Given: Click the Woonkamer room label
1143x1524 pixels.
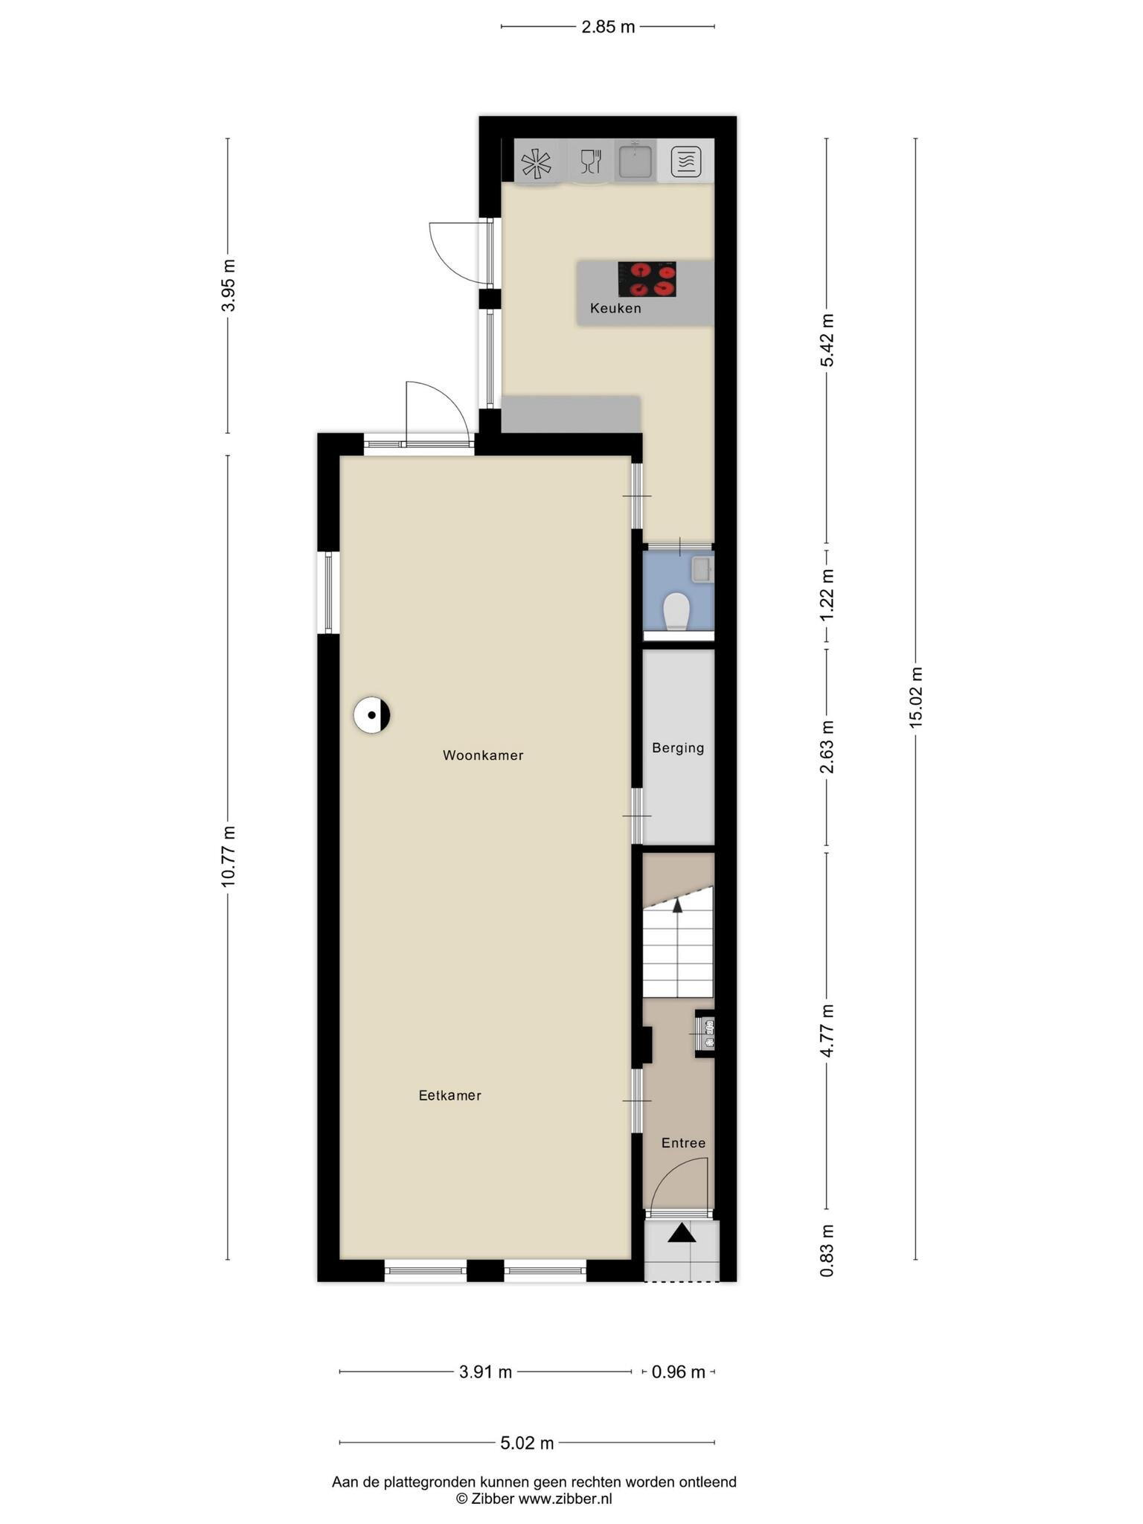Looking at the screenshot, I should coord(483,755).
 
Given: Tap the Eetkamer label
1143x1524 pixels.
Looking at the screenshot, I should coord(449,1095).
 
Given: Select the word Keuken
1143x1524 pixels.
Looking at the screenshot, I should coord(615,308).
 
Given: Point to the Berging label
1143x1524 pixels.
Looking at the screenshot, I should coord(678,748).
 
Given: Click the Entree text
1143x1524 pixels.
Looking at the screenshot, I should coord(683,1143).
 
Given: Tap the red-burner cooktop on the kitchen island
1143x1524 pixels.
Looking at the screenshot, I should coord(647,279).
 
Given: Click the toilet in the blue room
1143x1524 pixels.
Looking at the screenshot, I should coord(676,611).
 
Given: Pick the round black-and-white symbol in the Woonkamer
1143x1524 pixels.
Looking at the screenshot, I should coord(372,715).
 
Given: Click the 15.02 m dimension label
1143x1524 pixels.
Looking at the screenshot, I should coord(915,697).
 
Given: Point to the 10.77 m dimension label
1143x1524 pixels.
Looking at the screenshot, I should coord(228,856).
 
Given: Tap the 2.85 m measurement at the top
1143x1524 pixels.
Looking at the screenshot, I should coord(608,28).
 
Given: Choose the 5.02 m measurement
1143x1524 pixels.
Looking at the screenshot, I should coord(527,1444).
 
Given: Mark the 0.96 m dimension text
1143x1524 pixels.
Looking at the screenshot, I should coord(678,1372).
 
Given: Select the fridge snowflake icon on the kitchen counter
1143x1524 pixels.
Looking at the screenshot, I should coord(536,163).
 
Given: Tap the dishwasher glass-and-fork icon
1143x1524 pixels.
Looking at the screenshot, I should coord(591,161).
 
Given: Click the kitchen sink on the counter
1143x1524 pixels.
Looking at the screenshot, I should coord(635,161).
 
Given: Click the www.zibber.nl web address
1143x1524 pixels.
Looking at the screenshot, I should coord(565,1499).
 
